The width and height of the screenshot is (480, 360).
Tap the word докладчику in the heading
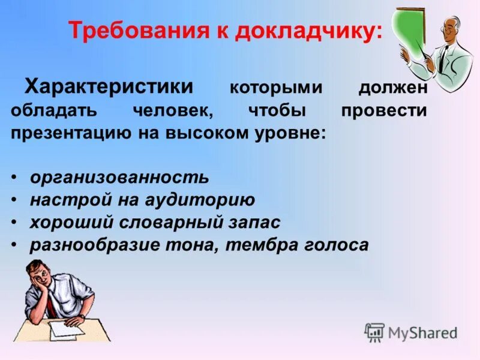(x=307, y=31)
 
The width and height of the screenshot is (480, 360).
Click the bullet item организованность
(x=119, y=178)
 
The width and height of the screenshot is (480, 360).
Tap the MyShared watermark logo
(x=411, y=332)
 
